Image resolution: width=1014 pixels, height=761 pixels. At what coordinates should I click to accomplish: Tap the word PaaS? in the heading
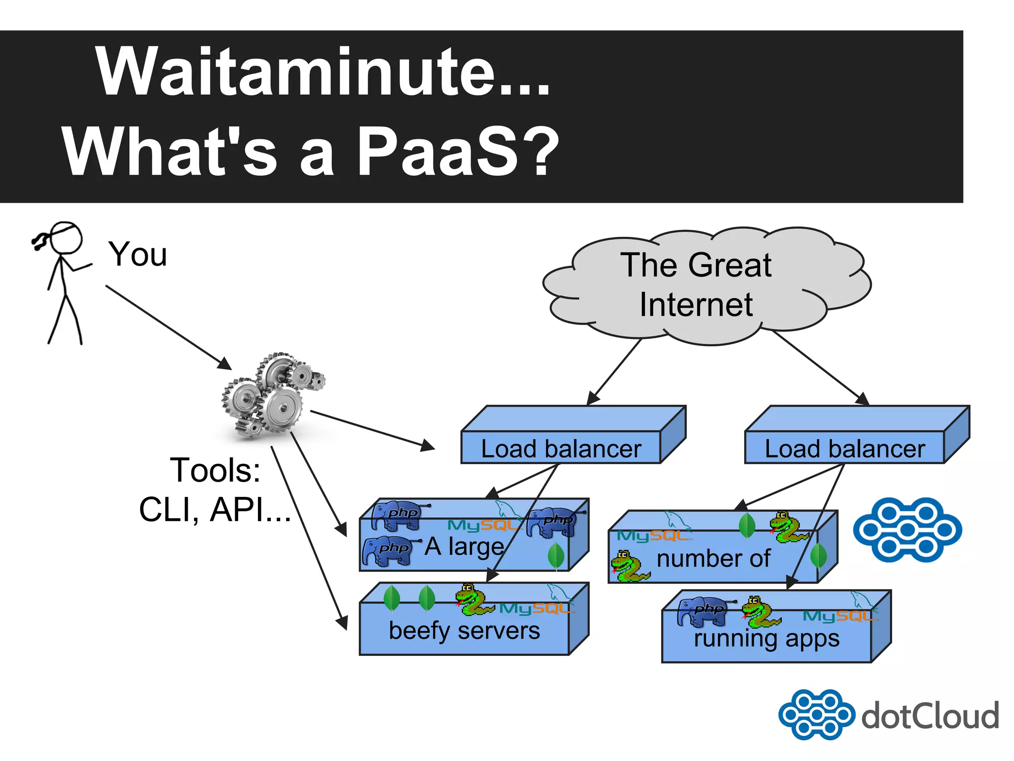tap(458, 151)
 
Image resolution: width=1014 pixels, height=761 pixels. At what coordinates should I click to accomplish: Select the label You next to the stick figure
tap(138, 254)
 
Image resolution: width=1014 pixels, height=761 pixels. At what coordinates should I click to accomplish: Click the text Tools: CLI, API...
tap(215, 489)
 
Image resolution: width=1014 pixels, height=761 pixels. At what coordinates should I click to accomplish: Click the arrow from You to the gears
tap(168, 327)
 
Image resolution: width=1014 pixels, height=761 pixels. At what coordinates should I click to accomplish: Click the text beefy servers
tap(464, 631)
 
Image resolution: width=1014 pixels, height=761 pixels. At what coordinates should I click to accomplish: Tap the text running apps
tap(766, 638)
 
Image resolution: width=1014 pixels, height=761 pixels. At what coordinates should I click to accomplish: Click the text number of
tap(713, 559)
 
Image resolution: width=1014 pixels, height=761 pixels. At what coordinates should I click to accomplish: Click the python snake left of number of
tap(628, 566)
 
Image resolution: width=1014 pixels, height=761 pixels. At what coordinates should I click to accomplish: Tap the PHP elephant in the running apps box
tap(702, 611)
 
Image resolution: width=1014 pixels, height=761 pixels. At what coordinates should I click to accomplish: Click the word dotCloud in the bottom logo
tap(930, 716)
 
